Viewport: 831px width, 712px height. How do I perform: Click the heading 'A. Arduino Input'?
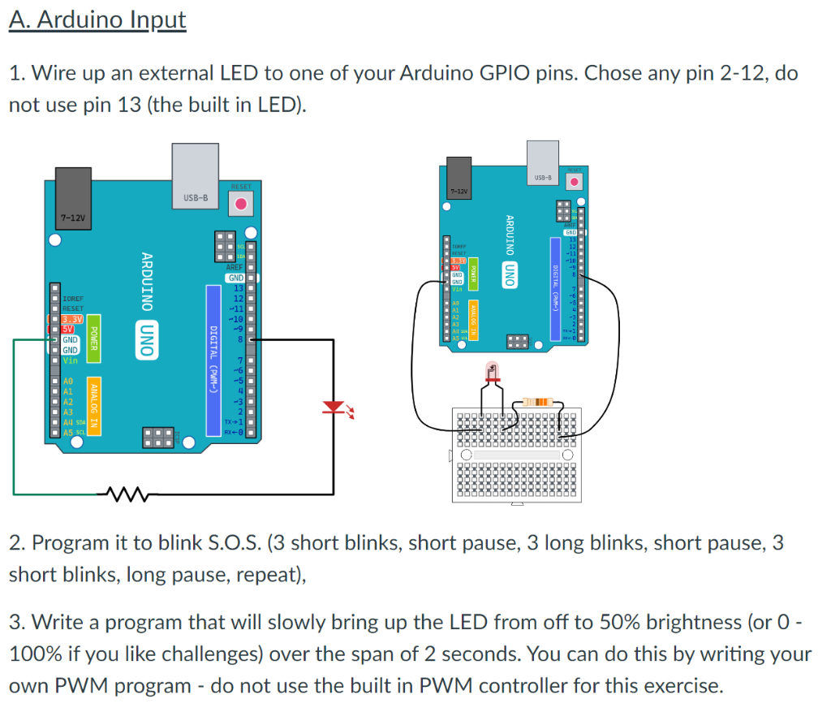pyautogui.click(x=97, y=19)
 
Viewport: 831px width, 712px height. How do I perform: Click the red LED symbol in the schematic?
pyautogui.click(x=333, y=408)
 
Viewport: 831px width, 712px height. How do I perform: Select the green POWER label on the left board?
pyautogui.click(x=93, y=335)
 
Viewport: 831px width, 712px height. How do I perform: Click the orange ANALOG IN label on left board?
pyautogui.click(x=93, y=406)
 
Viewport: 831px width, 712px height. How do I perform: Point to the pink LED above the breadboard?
pyautogui.click(x=492, y=373)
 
